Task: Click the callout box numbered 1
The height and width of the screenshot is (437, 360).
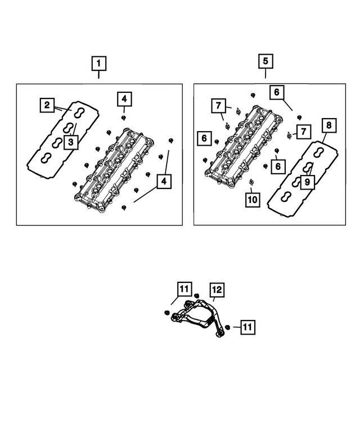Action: [99, 62]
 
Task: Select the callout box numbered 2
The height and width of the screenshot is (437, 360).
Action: [47, 105]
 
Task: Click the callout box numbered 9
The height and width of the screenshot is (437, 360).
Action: [307, 182]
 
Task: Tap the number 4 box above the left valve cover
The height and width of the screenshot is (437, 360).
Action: [125, 100]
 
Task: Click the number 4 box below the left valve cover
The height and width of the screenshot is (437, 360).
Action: [164, 182]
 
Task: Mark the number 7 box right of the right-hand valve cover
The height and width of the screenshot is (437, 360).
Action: [303, 132]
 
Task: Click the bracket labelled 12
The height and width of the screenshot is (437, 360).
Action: [197, 317]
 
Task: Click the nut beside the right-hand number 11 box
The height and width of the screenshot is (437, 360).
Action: [227, 327]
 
